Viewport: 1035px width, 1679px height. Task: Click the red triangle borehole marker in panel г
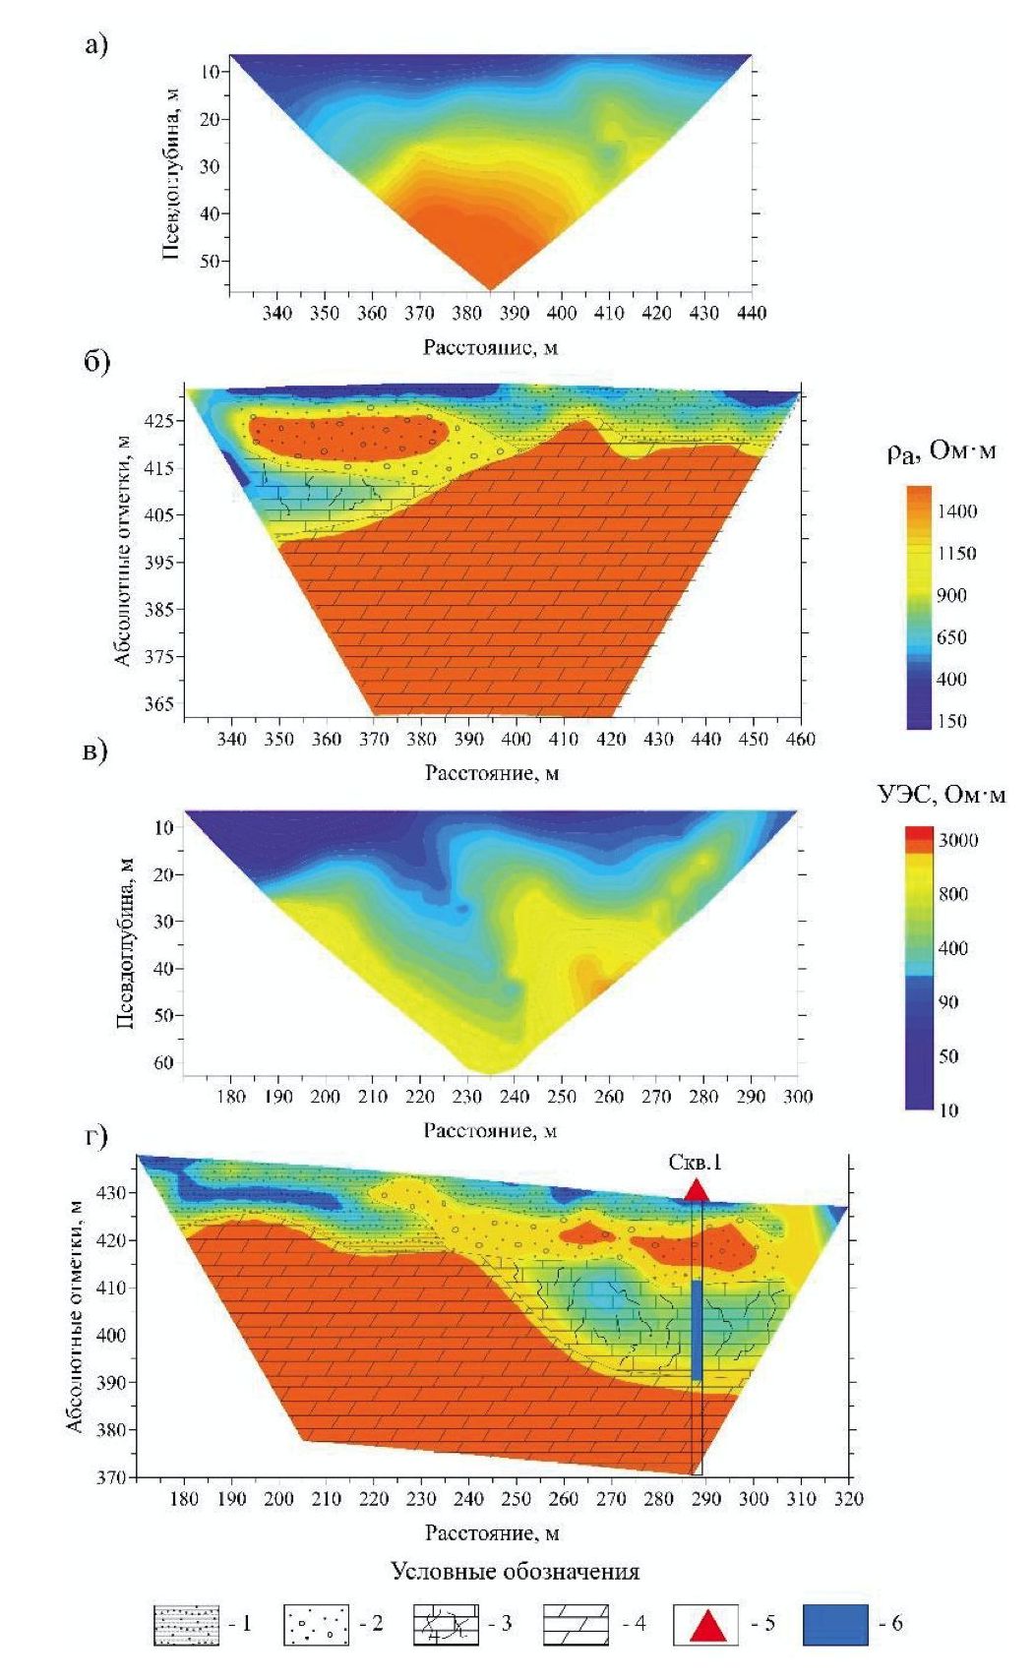(x=697, y=1190)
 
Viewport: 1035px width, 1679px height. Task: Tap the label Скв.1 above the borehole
(x=695, y=1162)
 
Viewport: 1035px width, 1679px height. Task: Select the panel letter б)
(x=95, y=361)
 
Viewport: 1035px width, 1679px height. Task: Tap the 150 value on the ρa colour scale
(x=952, y=721)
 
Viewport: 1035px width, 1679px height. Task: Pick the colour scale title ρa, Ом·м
(x=941, y=451)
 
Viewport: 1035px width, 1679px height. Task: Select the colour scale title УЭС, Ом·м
(x=942, y=794)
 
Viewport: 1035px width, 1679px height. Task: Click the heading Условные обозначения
(x=515, y=1571)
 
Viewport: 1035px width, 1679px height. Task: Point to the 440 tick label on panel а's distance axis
(x=752, y=313)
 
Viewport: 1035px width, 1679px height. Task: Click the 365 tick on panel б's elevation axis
(x=158, y=704)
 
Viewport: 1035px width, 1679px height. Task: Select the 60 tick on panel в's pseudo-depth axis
(x=162, y=1062)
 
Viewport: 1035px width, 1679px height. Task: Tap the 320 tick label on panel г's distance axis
(x=848, y=1499)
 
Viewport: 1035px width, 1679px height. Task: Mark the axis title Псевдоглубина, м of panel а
(x=171, y=172)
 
